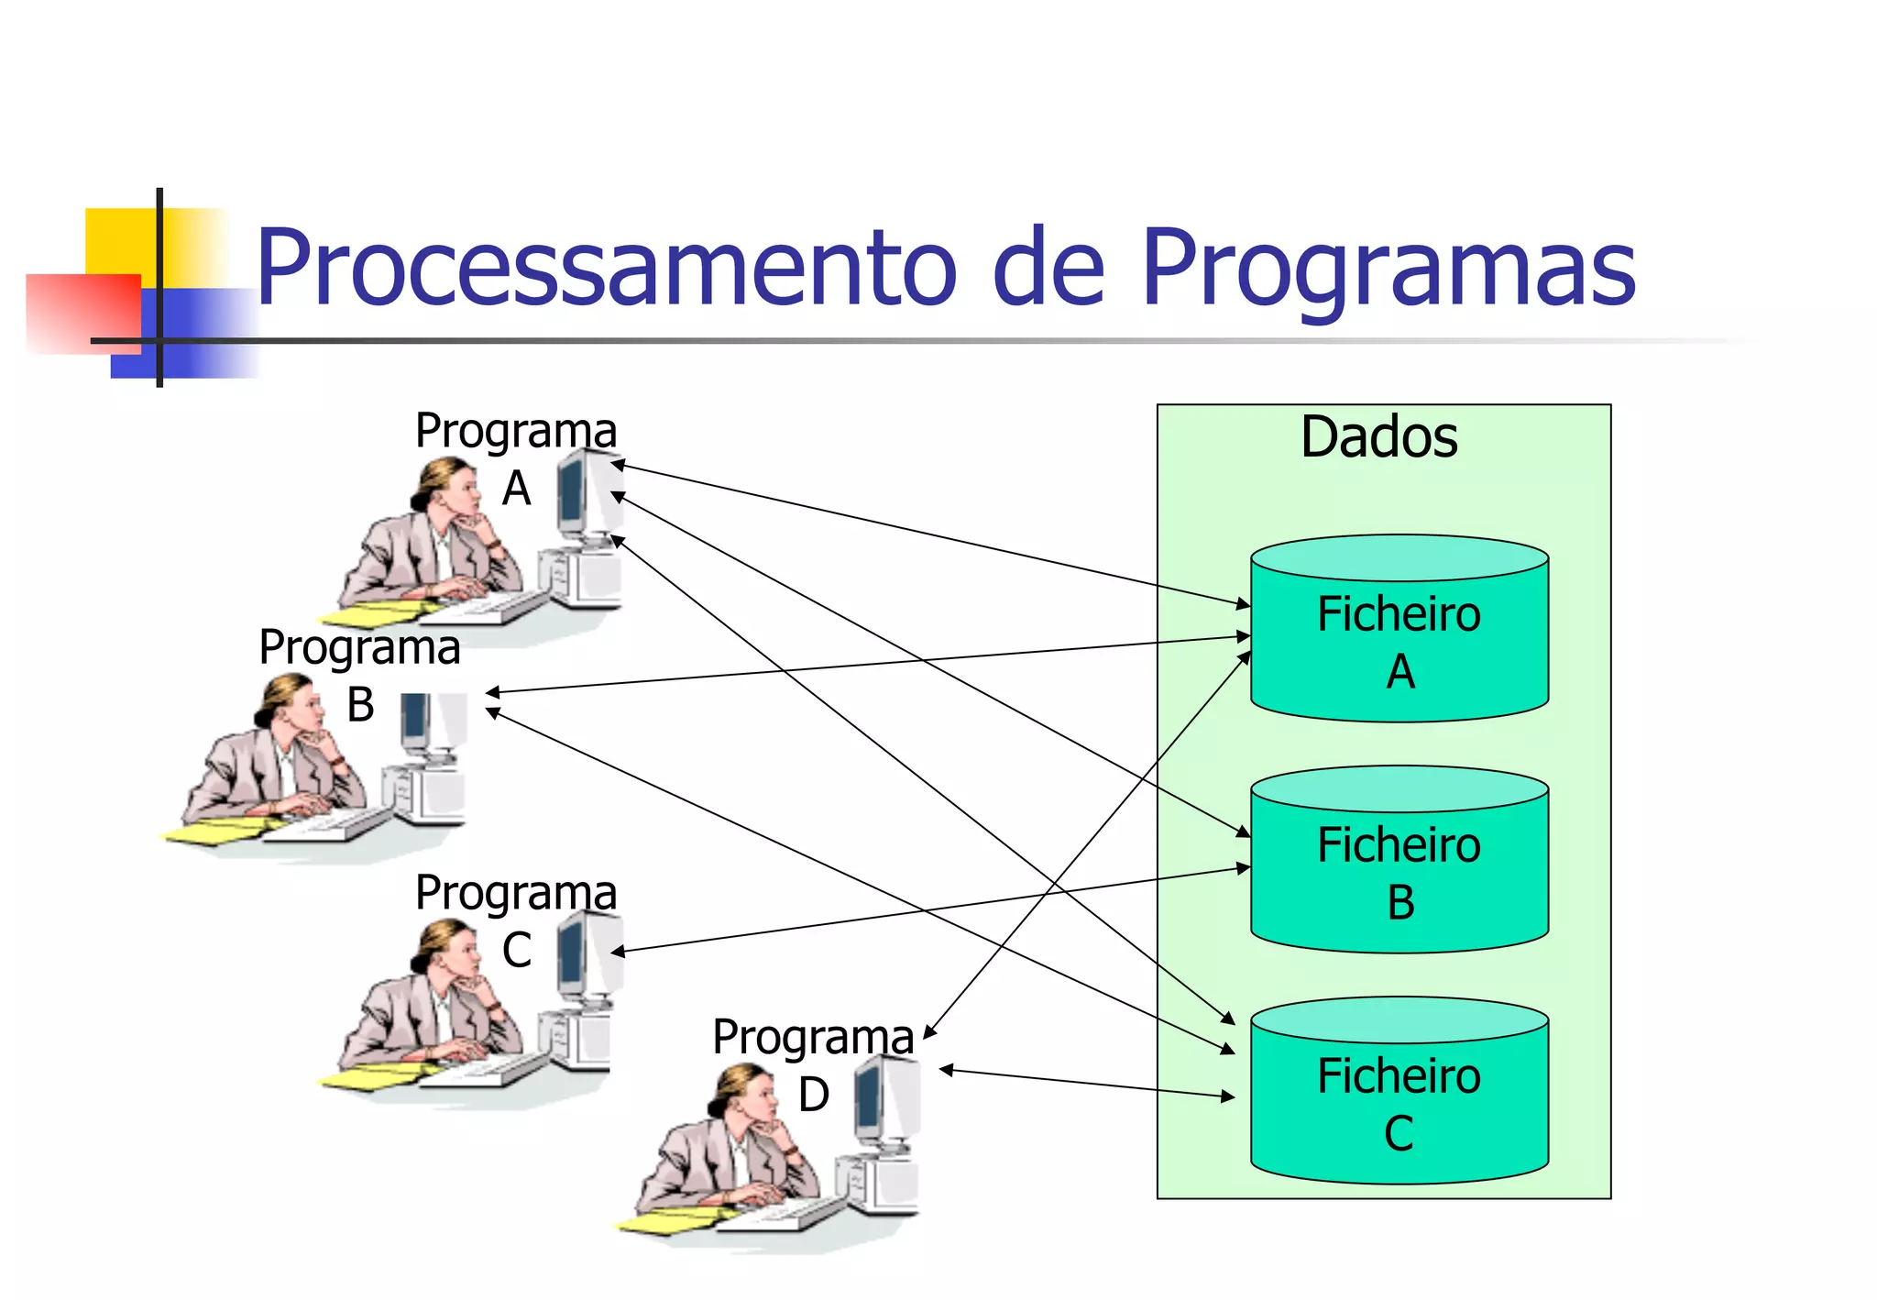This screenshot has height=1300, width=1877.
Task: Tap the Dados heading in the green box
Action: pos(1378,436)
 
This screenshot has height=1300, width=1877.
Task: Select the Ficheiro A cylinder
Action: pos(1399,642)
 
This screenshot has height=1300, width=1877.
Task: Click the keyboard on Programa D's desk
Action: pos(779,1216)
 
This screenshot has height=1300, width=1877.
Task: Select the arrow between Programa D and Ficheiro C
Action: pos(1087,1083)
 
